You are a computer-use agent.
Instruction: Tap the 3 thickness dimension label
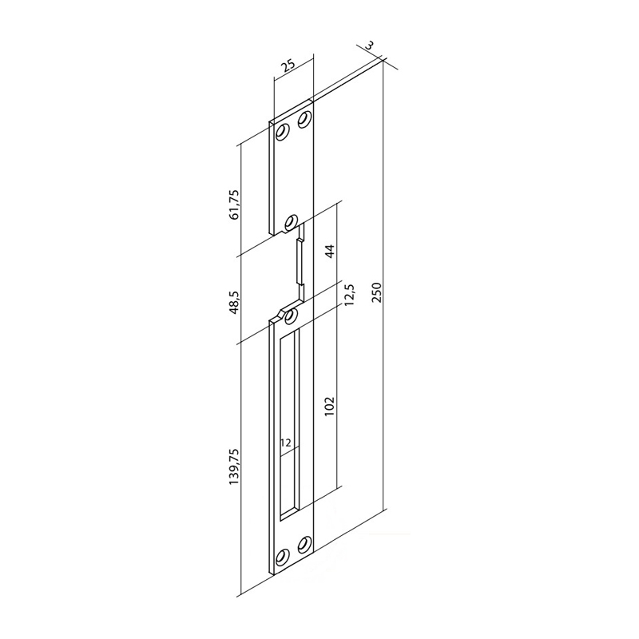(x=368, y=45)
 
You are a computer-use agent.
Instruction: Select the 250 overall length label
(x=376, y=292)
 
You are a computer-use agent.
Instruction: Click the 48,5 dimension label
(x=234, y=302)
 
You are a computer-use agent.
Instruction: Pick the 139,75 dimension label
(x=234, y=466)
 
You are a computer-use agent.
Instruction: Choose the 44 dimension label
(x=330, y=251)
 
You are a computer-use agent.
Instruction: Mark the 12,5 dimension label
(x=350, y=296)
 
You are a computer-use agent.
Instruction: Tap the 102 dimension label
(x=330, y=406)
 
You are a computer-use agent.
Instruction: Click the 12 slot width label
(x=286, y=443)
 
